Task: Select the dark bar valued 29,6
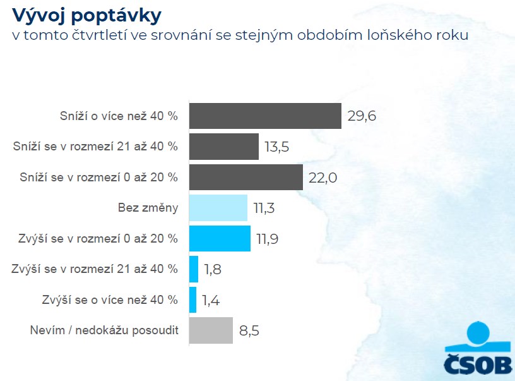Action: pyautogui.click(x=265, y=116)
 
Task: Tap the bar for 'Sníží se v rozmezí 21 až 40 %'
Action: pyautogui.click(x=224, y=146)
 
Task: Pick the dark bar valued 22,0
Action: pyautogui.click(x=246, y=177)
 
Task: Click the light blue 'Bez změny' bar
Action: pyautogui.click(x=218, y=207)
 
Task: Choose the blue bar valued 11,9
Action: pyautogui.click(x=220, y=238)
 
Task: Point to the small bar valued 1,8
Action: pyautogui.click(x=194, y=269)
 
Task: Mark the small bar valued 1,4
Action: pyautogui.click(x=193, y=299)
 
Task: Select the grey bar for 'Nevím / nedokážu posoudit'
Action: pyautogui.click(x=211, y=330)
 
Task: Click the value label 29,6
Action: pyautogui.click(x=362, y=116)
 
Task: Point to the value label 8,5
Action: pyautogui.click(x=249, y=330)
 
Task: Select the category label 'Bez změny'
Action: pyautogui.click(x=148, y=208)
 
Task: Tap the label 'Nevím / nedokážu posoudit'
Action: pyautogui.click(x=104, y=330)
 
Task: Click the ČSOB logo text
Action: pyautogui.click(x=478, y=365)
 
